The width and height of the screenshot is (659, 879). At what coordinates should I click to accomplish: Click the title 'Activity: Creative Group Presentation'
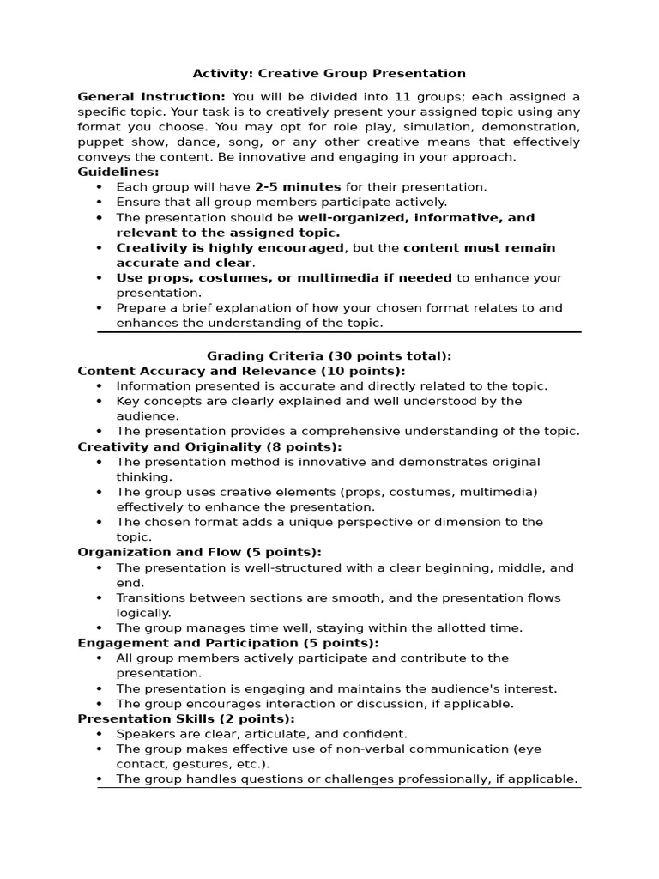coord(329,74)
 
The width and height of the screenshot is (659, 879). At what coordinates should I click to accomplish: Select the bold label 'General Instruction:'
coord(151,96)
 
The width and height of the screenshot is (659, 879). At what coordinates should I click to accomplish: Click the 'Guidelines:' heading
coord(118,172)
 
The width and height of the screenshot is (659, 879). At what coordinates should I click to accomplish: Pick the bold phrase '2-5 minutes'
coord(298,187)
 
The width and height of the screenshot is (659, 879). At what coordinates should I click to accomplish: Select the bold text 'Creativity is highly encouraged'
coord(229,248)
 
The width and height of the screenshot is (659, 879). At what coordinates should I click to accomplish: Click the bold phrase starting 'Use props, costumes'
coord(284,278)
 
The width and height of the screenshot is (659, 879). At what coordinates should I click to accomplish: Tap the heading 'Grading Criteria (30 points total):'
coord(329,355)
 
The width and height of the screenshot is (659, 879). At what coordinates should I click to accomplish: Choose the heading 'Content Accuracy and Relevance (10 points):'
coord(241,371)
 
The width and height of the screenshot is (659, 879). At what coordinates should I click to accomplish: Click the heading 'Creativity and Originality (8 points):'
coord(209,446)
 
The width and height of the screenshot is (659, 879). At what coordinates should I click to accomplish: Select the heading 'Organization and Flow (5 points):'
coord(199,552)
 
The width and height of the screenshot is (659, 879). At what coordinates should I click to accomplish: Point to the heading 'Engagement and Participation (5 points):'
coord(227,643)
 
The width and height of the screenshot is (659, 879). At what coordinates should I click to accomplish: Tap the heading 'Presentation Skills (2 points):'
coord(186,718)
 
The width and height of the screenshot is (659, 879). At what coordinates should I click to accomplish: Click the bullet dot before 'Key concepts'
coord(100,401)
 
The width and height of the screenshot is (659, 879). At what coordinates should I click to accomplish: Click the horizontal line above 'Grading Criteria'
coord(339,331)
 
